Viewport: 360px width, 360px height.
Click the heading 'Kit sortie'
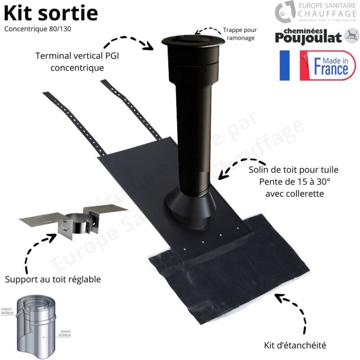(51, 13)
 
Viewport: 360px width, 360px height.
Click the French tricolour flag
(285, 66)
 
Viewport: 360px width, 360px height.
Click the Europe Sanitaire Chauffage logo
(315, 12)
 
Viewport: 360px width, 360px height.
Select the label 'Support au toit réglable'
(53, 279)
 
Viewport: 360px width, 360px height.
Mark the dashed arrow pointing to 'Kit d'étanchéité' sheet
(292, 310)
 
